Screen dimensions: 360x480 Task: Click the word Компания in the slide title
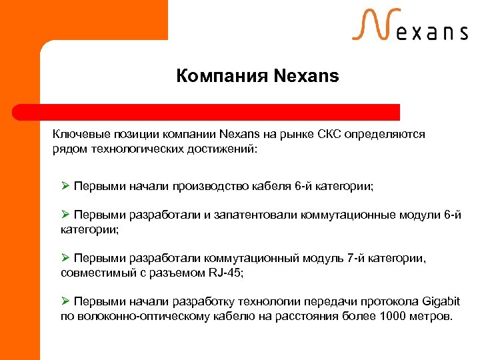click(x=222, y=76)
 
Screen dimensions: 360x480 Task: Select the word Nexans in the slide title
click(x=306, y=76)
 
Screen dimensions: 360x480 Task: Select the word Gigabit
click(x=440, y=301)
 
